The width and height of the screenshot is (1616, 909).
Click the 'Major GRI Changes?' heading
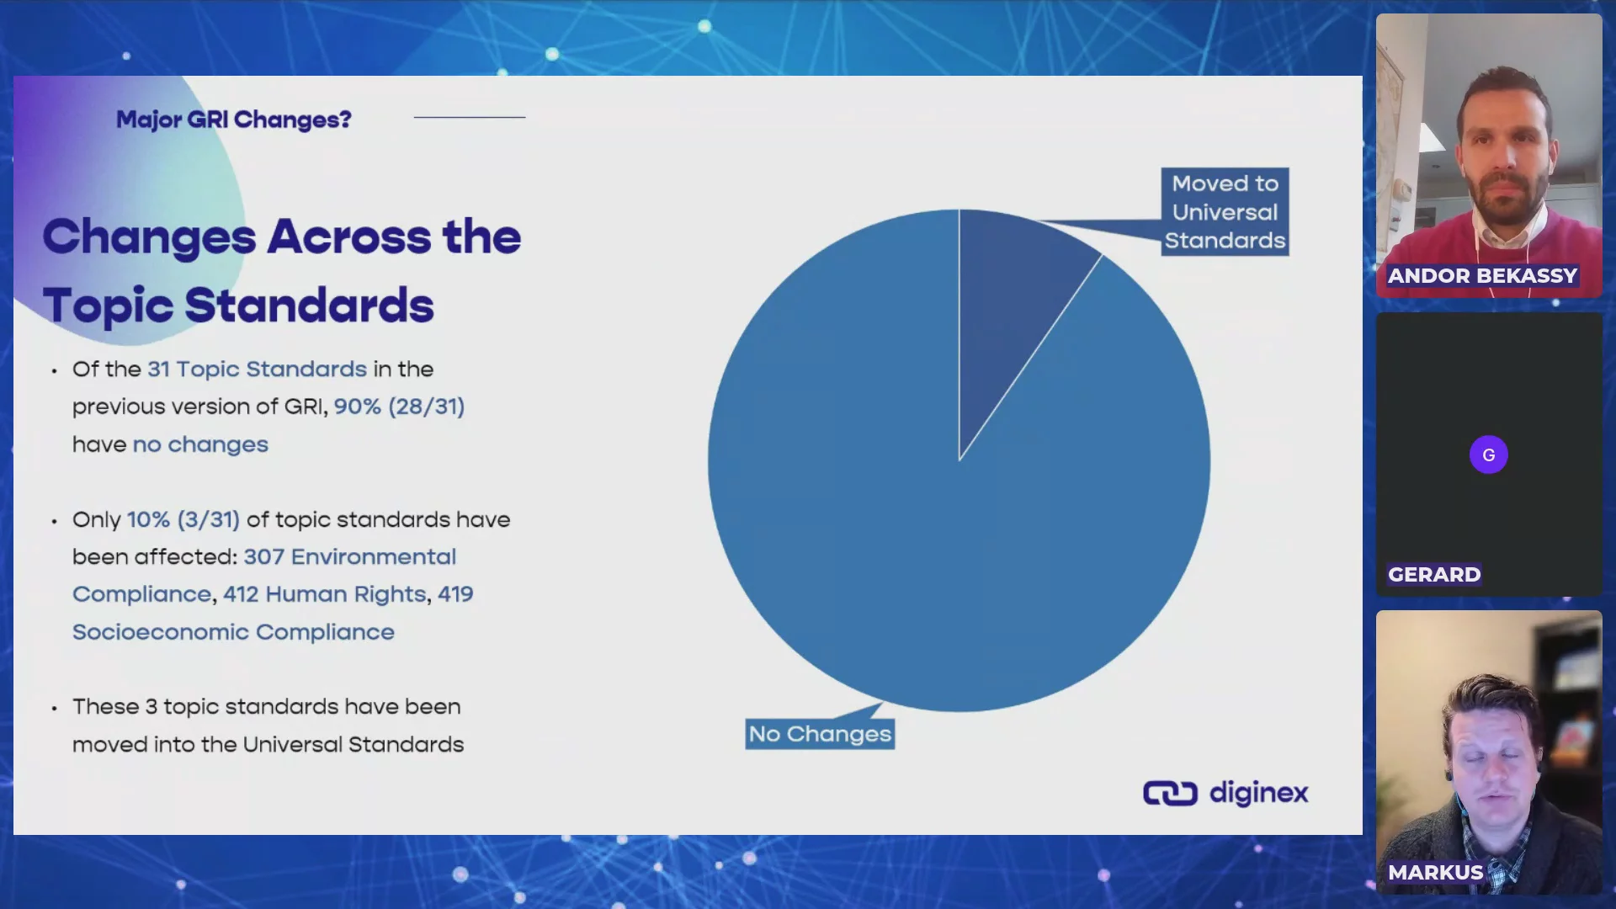click(233, 120)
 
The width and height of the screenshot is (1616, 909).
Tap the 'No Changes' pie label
click(820, 734)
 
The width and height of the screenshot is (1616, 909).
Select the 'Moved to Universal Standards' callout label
click(1225, 212)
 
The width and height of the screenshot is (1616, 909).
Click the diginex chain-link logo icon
click(1170, 793)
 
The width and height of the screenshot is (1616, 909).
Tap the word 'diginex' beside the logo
click(1258, 793)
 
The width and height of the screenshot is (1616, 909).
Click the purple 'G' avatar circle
click(1488, 454)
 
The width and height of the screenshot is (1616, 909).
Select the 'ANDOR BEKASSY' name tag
click(1481, 275)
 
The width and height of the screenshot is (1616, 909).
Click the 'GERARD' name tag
click(1433, 574)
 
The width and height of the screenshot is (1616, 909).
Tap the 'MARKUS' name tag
click(1435, 872)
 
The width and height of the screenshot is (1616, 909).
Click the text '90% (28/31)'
click(399, 407)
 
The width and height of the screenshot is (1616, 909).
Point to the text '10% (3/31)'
click(183, 519)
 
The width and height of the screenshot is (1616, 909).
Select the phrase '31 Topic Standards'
click(257, 369)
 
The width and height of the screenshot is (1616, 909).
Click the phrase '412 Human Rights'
click(325, 594)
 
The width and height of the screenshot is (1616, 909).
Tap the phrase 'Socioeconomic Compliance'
click(233, 632)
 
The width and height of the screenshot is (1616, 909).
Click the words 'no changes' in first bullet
click(200, 444)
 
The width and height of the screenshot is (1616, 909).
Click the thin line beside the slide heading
click(470, 117)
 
